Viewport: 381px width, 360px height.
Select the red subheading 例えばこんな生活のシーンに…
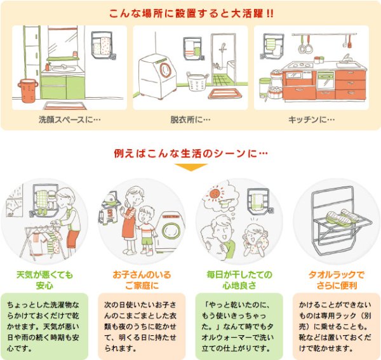coord(189,154)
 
